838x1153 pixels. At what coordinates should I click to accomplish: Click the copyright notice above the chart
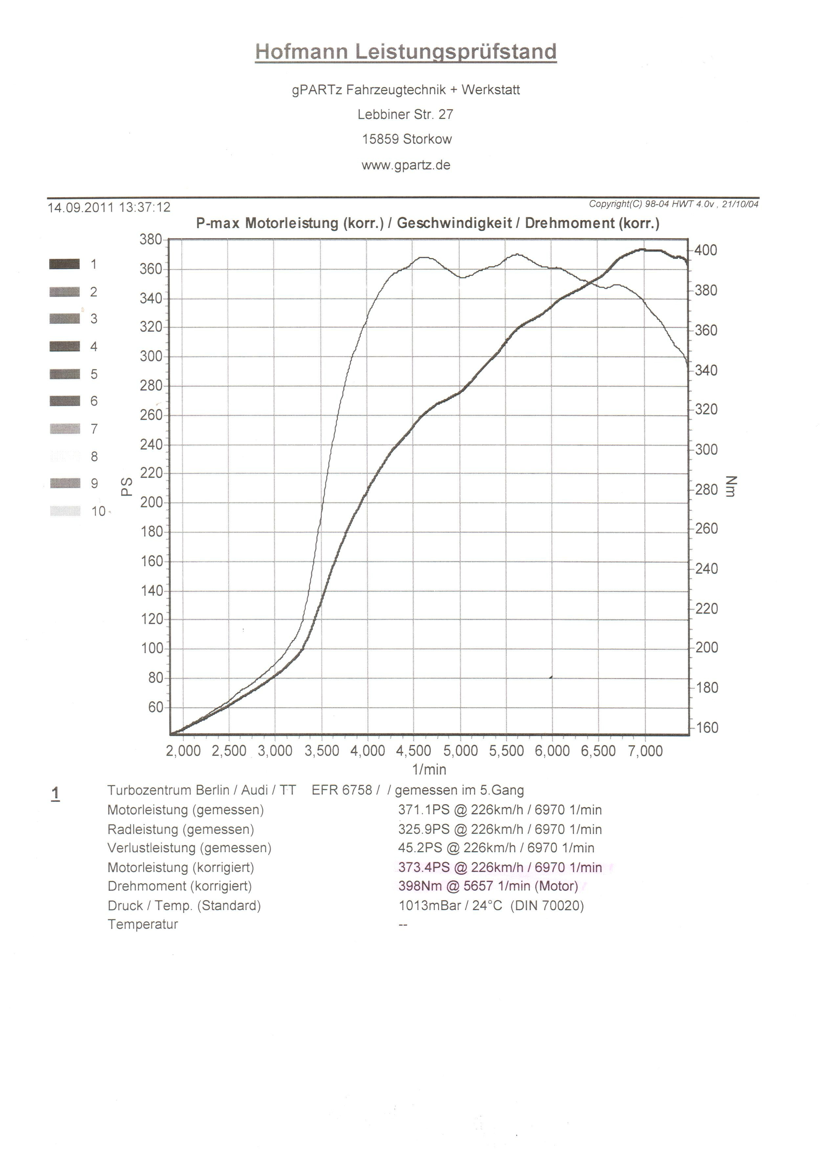point(673,204)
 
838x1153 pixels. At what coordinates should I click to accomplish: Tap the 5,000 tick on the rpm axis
point(460,751)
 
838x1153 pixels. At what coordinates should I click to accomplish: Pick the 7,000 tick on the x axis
point(645,751)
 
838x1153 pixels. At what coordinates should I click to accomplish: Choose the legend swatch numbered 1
point(65,264)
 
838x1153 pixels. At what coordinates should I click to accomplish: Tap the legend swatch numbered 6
point(65,401)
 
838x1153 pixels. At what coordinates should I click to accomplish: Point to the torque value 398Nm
point(420,886)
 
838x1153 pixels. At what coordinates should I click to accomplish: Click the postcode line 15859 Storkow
point(407,139)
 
